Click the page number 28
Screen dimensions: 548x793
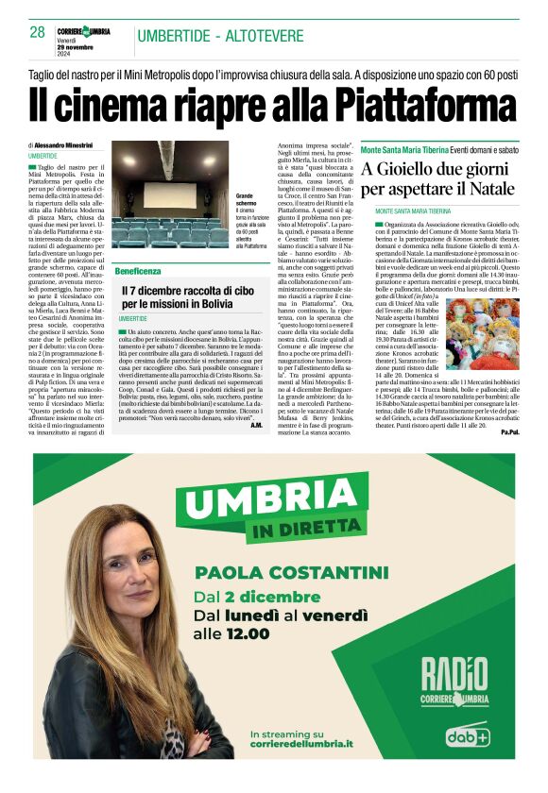click(x=38, y=32)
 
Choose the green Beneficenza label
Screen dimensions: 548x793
click(x=137, y=271)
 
